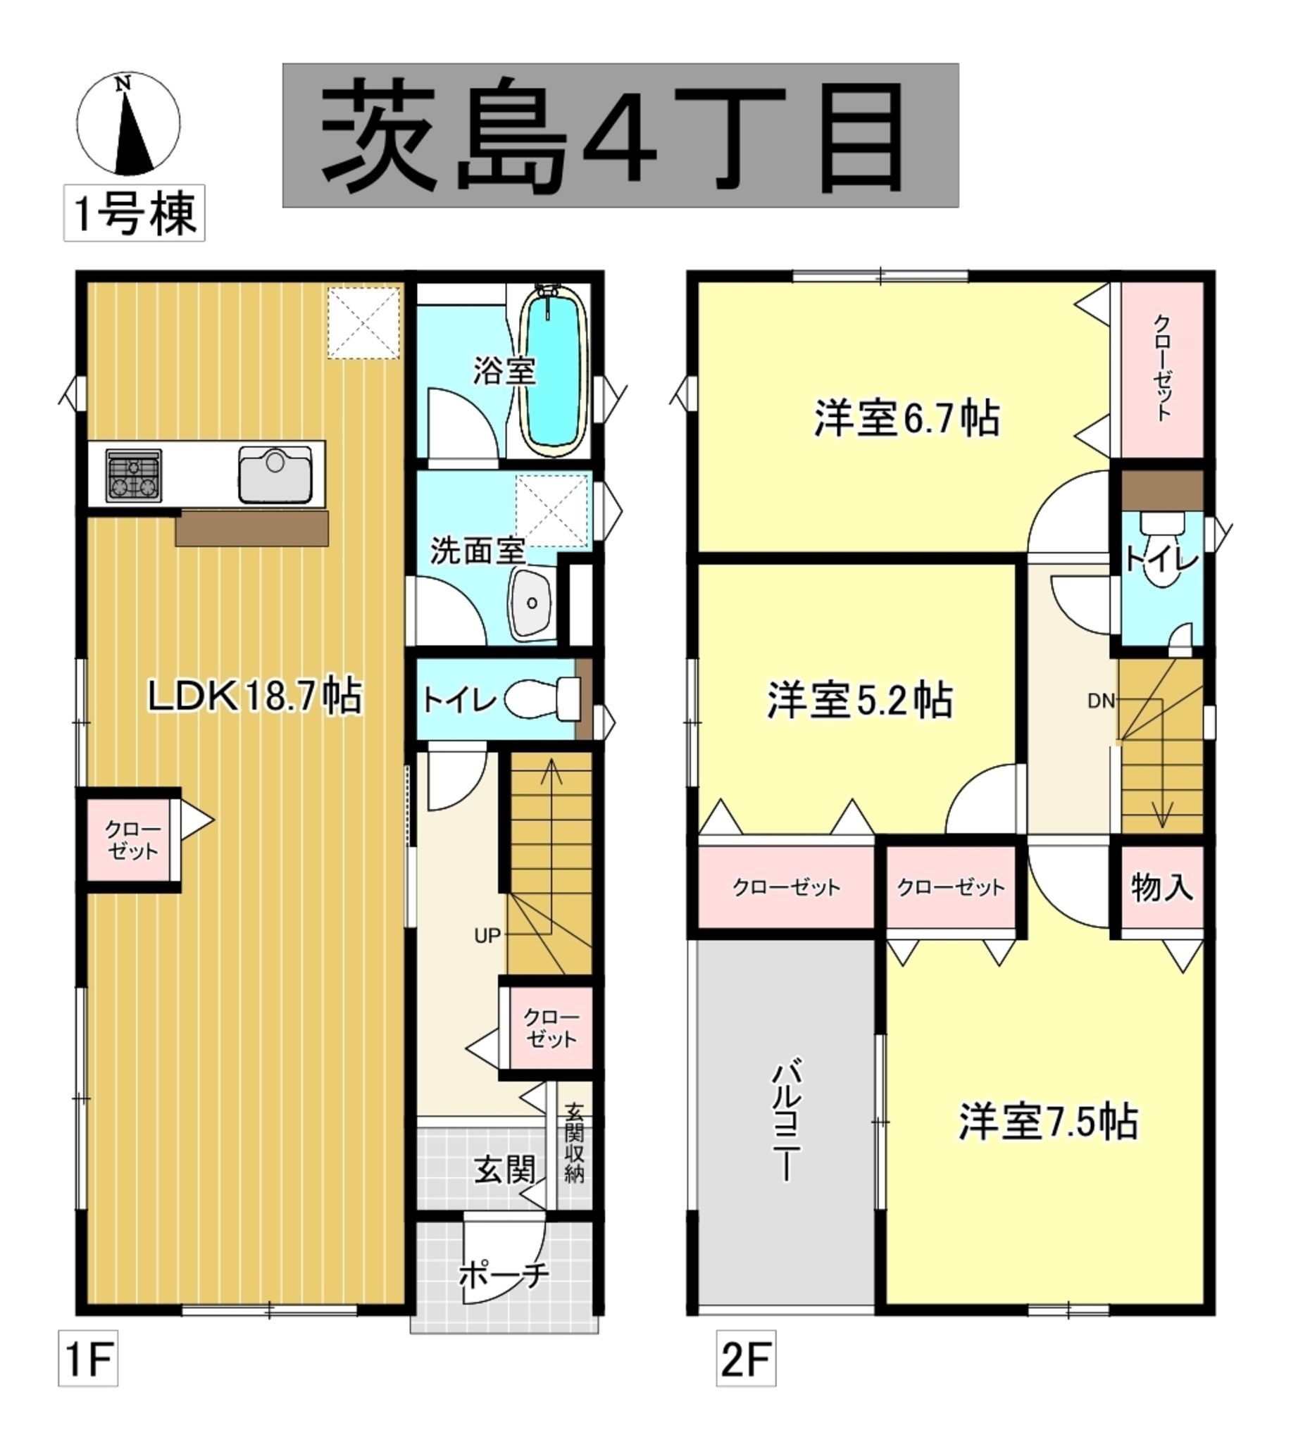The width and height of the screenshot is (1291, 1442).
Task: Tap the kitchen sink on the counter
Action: click(275, 474)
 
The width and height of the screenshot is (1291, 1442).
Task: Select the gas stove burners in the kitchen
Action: click(133, 475)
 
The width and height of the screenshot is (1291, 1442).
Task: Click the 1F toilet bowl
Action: click(543, 700)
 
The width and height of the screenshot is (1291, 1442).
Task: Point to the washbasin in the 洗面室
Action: click(531, 603)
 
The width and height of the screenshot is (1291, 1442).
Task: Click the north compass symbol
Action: click(127, 123)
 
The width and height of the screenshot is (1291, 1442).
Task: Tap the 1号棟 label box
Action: click(134, 213)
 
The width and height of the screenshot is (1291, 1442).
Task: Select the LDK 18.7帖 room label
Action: click(255, 696)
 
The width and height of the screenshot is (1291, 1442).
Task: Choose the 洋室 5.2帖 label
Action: click(860, 701)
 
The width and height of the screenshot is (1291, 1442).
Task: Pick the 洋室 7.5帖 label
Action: click(1049, 1122)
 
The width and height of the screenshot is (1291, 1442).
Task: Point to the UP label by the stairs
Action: click(487, 936)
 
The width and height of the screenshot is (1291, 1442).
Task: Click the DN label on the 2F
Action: click(1102, 701)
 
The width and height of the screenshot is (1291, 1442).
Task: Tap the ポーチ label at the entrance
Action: click(504, 1275)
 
